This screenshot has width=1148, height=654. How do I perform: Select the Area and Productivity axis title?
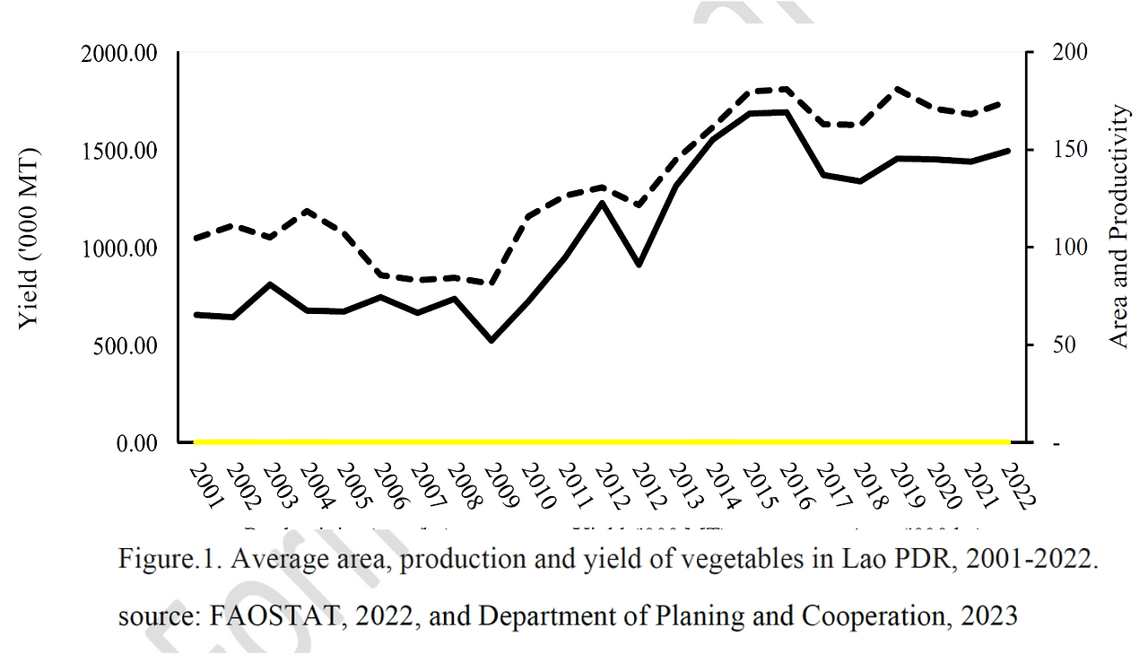(x=1118, y=226)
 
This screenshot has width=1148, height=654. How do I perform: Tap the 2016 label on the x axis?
(x=793, y=485)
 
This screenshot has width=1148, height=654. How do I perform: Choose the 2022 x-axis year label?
(x=1015, y=485)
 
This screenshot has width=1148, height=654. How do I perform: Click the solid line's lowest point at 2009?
(x=491, y=340)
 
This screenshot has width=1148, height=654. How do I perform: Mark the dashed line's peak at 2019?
(x=898, y=89)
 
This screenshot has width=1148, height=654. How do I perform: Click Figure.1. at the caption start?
(x=170, y=560)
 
